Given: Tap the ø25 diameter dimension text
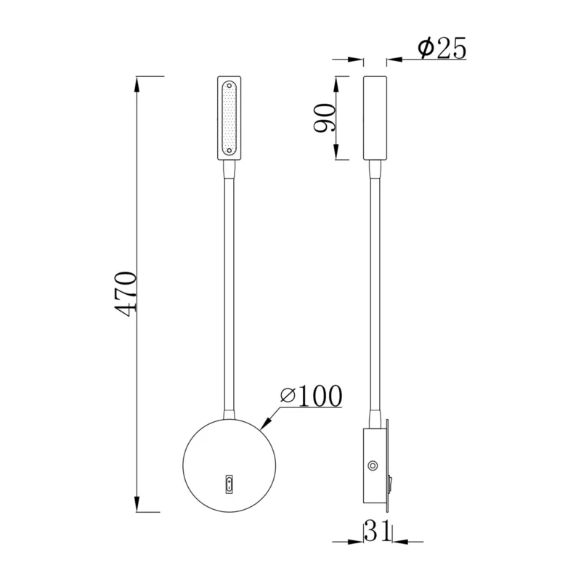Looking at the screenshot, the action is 442,48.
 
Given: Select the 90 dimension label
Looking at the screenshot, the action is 324,118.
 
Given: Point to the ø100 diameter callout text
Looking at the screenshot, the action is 312,396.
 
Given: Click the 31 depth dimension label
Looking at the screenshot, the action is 378,530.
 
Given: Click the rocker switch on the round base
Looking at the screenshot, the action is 229,484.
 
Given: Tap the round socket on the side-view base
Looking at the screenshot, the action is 373,466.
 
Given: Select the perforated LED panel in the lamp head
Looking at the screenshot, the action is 229,118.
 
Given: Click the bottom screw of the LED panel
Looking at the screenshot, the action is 229,150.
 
